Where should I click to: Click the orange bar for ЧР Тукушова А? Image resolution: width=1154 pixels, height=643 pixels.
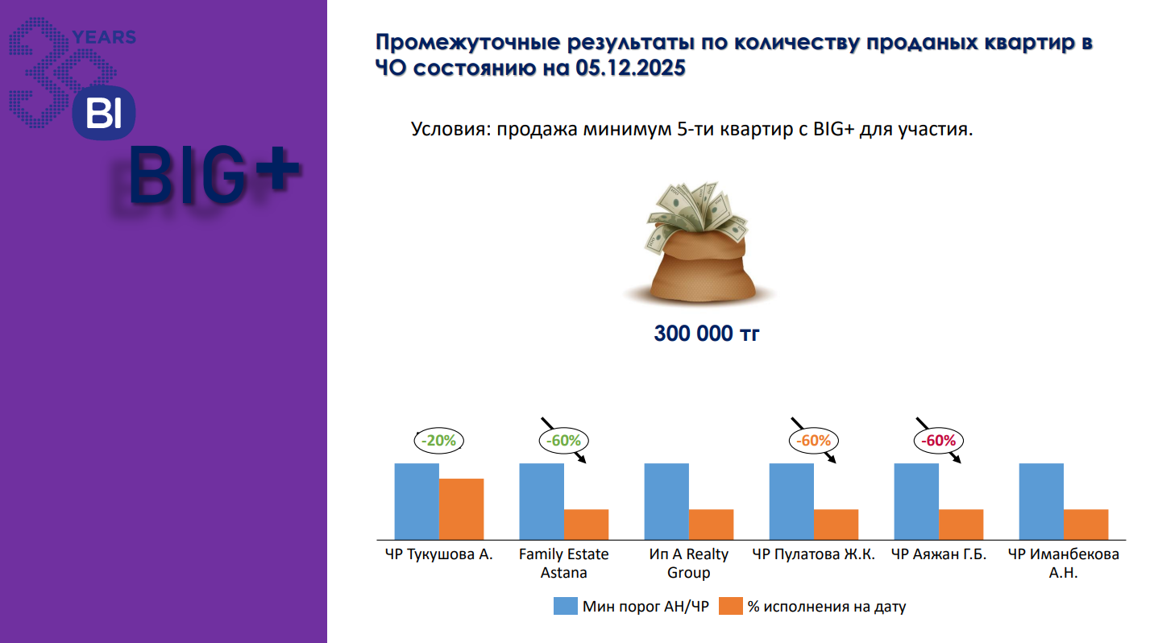click(x=461, y=509)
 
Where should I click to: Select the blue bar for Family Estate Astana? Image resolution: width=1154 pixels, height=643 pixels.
click(x=542, y=501)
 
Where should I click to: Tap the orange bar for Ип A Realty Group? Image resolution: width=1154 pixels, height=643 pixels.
click(x=711, y=525)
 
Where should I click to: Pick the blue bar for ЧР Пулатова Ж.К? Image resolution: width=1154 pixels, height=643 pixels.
click(x=791, y=501)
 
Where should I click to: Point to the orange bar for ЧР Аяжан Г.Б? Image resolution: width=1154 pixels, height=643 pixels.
click(x=961, y=525)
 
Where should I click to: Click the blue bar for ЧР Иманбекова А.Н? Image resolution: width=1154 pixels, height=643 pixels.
click(x=1041, y=501)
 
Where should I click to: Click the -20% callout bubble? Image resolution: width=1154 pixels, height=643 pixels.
click(x=439, y=441)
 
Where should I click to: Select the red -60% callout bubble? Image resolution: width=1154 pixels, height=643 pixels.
click(x=939, y=441)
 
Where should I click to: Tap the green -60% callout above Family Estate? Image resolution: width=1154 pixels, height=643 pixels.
click(x=563, y=441)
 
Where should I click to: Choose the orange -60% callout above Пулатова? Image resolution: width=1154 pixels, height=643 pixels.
click(x=814, y=441)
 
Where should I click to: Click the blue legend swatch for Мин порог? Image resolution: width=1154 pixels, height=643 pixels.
click(x=565, y=606)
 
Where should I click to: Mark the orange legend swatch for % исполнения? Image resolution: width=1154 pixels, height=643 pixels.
click(x=731, y=606)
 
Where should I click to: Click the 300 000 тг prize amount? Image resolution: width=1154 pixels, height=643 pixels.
click(x=706, y=334)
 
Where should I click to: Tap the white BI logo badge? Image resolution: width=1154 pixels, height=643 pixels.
click(x=103, y=113)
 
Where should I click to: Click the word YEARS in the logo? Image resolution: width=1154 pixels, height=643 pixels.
click(x=104, y=37)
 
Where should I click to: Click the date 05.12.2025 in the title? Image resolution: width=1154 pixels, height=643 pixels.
click(x=630, y=68)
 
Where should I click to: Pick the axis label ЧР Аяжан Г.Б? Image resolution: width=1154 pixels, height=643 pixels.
click(x=939, y=554)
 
